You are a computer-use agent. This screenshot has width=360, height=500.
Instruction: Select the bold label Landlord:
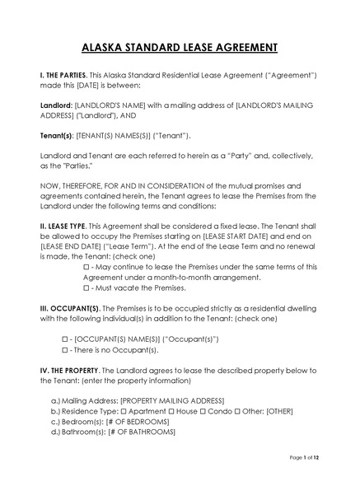pyautogui.click(x=56, y=105)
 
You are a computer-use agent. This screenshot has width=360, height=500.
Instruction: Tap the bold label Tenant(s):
pyautogui.click(x=58, y=135)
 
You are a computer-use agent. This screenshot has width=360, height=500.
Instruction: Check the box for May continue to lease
pyautogui.click(x=86, y=269)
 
